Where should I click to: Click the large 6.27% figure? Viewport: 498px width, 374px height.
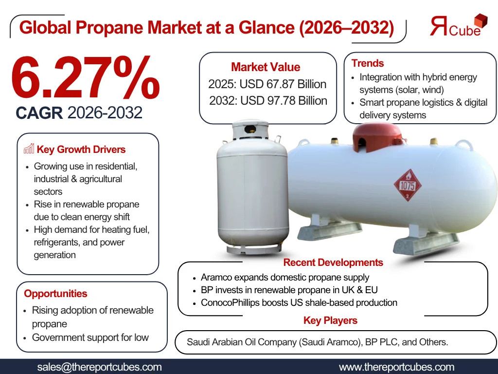(85, 77)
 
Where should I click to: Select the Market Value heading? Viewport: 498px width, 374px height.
(266, 67)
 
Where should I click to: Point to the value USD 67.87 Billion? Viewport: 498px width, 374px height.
(283, 84)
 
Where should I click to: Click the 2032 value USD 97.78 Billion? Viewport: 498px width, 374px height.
(284, 100)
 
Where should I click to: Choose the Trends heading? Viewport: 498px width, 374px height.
(368, 63)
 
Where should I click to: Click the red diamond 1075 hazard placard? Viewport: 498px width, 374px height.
(408, 185)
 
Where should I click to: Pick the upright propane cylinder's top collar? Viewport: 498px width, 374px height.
(250, 130)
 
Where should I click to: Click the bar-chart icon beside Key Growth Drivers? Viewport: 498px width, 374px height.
(29, 149)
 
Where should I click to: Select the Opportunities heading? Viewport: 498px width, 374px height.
(55, 293)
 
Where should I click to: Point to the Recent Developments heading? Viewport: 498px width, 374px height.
(333, 262)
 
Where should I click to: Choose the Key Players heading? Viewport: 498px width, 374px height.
(330, 320)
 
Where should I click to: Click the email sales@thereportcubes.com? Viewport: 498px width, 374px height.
(99, 367)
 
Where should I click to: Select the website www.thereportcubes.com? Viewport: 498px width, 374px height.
(397, 367)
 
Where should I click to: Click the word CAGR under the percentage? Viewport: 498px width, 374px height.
(39, 112)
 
